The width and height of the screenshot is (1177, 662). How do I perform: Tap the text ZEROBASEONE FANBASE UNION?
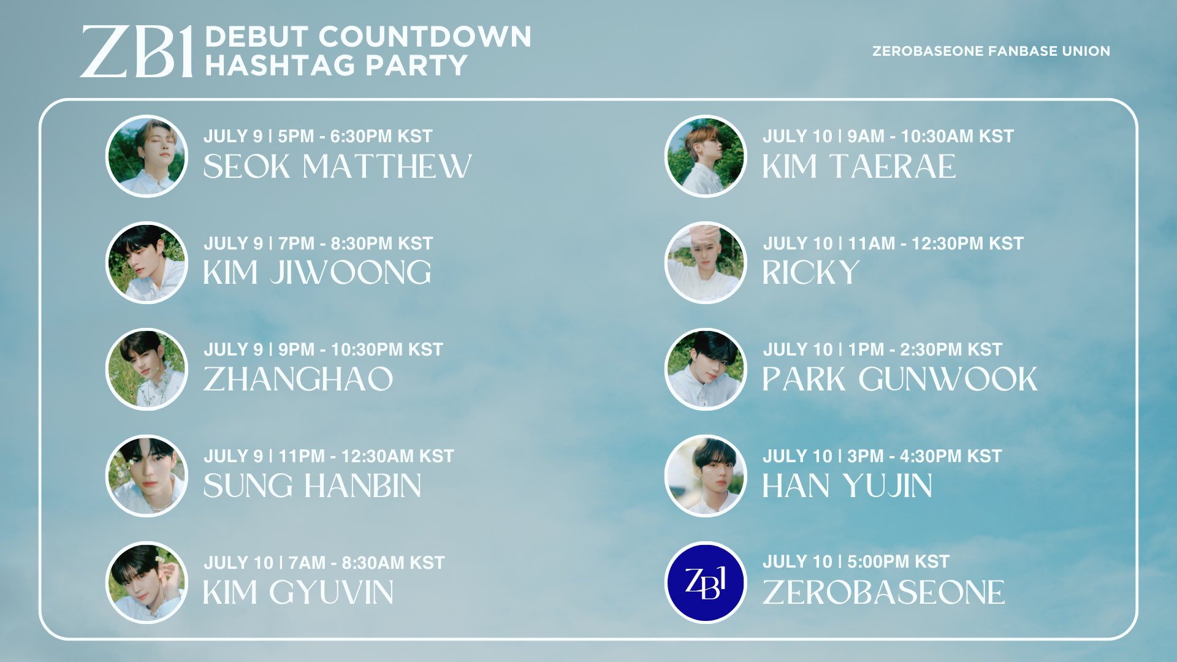[x=991, y=51]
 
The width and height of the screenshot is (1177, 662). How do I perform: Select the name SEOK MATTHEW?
[x=337, y=167]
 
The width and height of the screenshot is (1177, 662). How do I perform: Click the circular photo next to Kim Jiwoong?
[x=147, y=262]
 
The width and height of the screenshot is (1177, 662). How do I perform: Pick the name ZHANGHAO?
[x=298, y=379]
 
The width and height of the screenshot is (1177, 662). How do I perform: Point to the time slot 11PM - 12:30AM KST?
[x=366, y=456]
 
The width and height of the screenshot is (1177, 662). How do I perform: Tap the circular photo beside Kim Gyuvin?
[x=147, y=582]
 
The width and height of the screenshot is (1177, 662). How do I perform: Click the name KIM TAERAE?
[x=859, y=167]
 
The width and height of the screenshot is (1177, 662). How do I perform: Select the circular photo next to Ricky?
[x=706, y=262]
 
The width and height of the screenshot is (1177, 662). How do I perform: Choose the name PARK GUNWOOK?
[x=899, y=379]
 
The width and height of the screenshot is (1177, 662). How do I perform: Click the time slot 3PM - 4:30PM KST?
[x=924, y=456]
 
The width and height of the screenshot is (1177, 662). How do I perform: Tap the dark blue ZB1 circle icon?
[x=706, y=582]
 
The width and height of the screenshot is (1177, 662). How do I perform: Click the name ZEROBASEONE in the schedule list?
[x=883, y=592]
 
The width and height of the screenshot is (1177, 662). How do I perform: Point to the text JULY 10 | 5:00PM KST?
[x=856, y=561]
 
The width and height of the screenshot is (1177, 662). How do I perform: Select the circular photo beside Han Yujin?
[x=706, y=476]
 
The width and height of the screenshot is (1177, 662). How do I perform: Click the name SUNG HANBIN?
[x=312, y=486]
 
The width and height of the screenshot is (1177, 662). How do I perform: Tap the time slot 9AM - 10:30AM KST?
[x=930, y=136]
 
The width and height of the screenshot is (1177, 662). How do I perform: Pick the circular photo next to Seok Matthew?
[x=147, y=156]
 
